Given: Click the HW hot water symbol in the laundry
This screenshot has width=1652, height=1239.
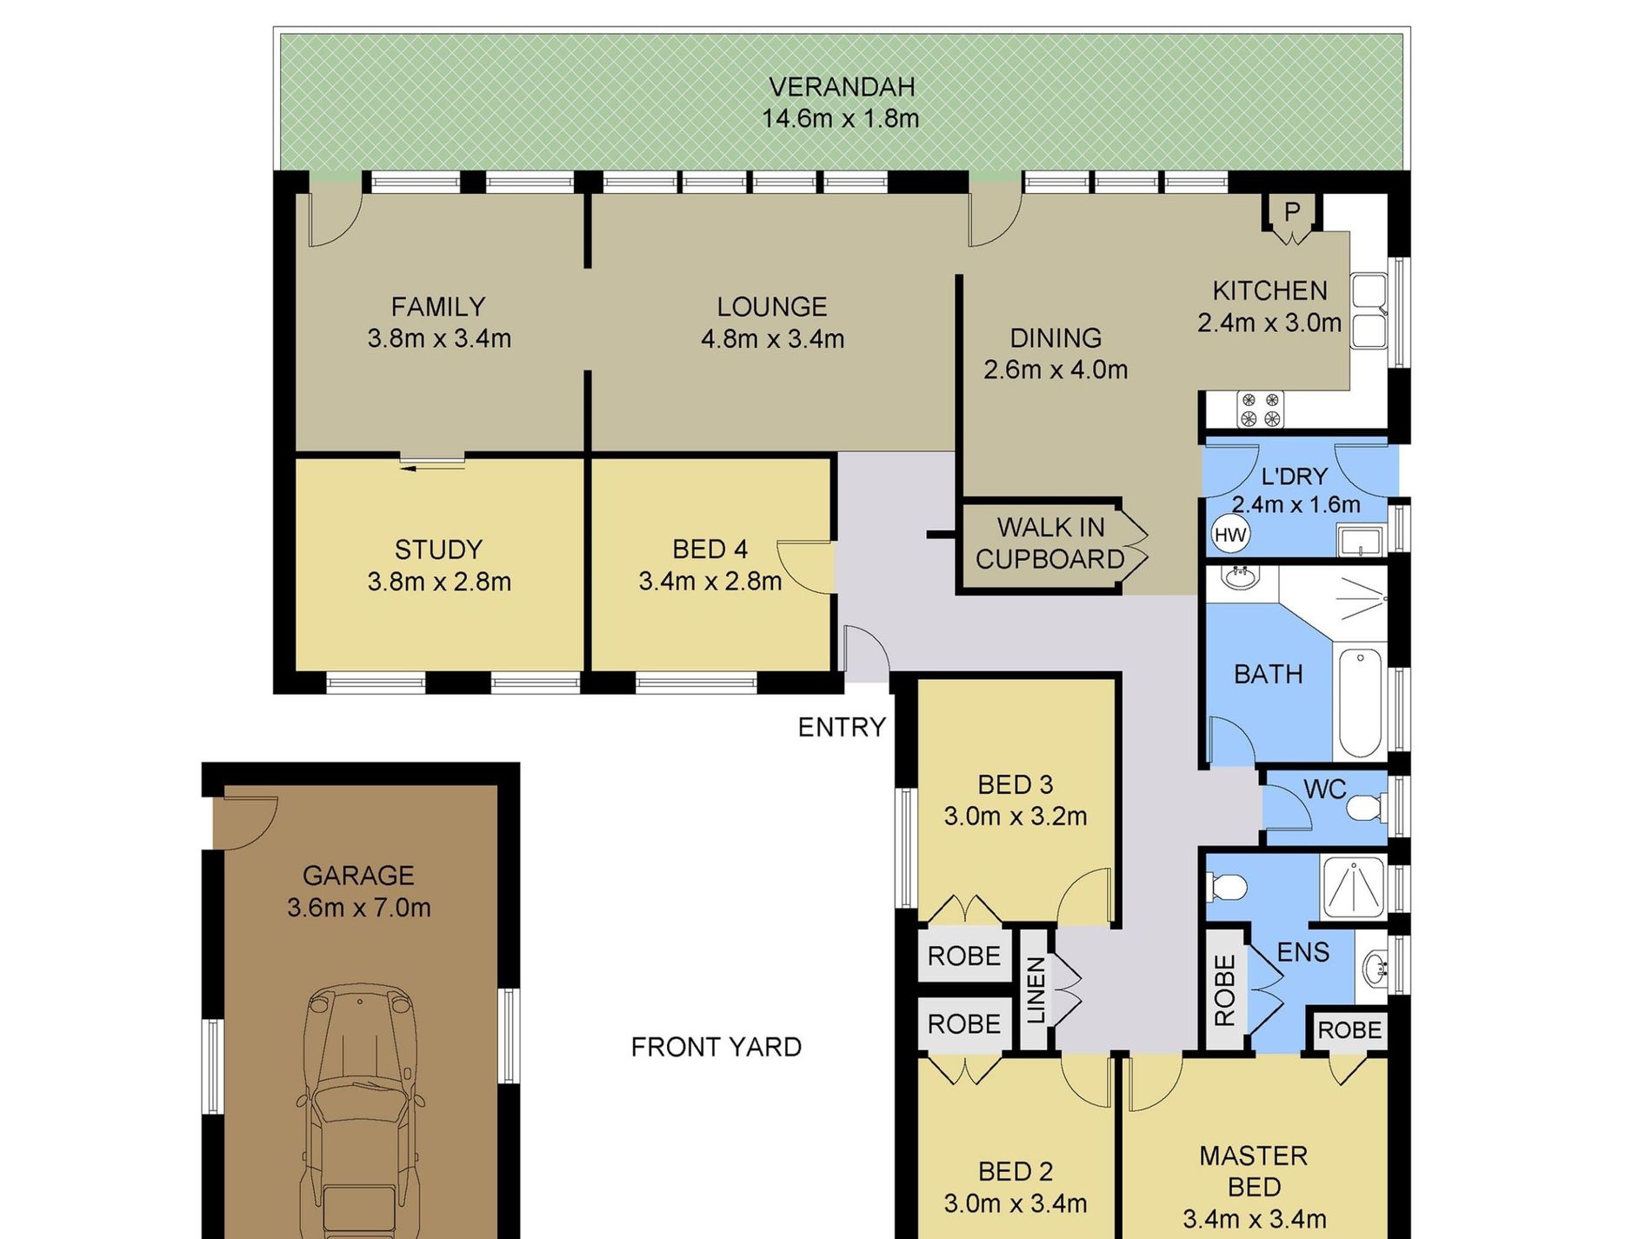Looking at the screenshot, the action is (1229, 535).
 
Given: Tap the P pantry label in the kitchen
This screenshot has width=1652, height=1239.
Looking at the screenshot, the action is (1292, 210).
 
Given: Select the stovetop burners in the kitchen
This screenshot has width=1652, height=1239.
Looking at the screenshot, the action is (1261, 410).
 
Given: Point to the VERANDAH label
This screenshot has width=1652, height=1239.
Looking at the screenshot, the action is (842, 87).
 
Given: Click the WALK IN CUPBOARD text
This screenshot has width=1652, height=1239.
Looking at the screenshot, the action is (1050, 543).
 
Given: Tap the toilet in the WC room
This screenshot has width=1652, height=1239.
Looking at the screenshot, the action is (1365, 809).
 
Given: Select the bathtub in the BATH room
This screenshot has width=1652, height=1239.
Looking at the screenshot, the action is (1360, 703).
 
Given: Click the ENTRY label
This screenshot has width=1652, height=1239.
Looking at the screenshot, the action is (842, 727).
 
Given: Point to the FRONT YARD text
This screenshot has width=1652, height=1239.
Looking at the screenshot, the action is (716, 1047).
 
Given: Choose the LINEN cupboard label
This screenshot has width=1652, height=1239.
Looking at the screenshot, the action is (1035, 989).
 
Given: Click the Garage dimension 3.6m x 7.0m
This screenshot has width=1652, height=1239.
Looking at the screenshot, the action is (359, 908).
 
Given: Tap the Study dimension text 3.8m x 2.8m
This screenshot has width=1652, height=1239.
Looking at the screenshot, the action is (439, 581).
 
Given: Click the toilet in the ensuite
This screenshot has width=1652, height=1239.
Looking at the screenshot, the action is (1228, 888).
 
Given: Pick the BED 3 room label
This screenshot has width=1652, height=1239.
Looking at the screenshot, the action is (1015, 784).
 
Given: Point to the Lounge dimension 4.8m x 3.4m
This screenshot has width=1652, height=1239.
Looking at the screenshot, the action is (772, 338).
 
